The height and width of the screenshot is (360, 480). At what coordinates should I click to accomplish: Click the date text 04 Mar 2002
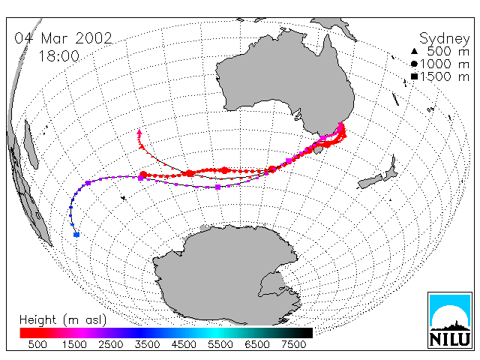click(63, 38)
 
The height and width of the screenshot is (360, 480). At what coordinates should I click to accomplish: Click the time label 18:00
click(58, 56)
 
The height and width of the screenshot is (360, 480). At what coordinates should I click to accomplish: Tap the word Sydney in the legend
click(444, 39)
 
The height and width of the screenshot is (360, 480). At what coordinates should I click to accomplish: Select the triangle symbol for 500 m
click(414, 52)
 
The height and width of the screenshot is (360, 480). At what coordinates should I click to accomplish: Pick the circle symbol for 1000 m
click(414, 64)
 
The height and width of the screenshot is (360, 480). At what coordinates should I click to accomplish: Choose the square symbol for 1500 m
click(414, 76)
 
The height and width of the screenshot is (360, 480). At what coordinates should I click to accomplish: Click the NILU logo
click(450, 320)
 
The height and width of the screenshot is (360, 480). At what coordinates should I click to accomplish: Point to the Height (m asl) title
click(63, 320)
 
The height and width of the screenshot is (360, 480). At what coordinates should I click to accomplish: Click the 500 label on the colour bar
click(37, 345)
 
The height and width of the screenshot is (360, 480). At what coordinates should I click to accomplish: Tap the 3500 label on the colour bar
click(147, 345)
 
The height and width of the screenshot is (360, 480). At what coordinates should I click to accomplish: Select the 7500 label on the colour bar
click(293, 345)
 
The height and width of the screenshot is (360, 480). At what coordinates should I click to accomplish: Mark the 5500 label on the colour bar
click(220, 345)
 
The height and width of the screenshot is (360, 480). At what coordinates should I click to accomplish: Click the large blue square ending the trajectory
click(76, 235)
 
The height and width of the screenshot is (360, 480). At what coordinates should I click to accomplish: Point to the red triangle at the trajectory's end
click(139, 132)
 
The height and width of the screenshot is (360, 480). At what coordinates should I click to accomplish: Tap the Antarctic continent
click(226, 272)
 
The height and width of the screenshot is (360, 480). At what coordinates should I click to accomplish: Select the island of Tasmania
click(318, 149)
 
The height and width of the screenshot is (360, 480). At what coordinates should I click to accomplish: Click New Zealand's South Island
click(371, 181)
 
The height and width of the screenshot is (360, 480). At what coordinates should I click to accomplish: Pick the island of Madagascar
click(31, 145)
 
